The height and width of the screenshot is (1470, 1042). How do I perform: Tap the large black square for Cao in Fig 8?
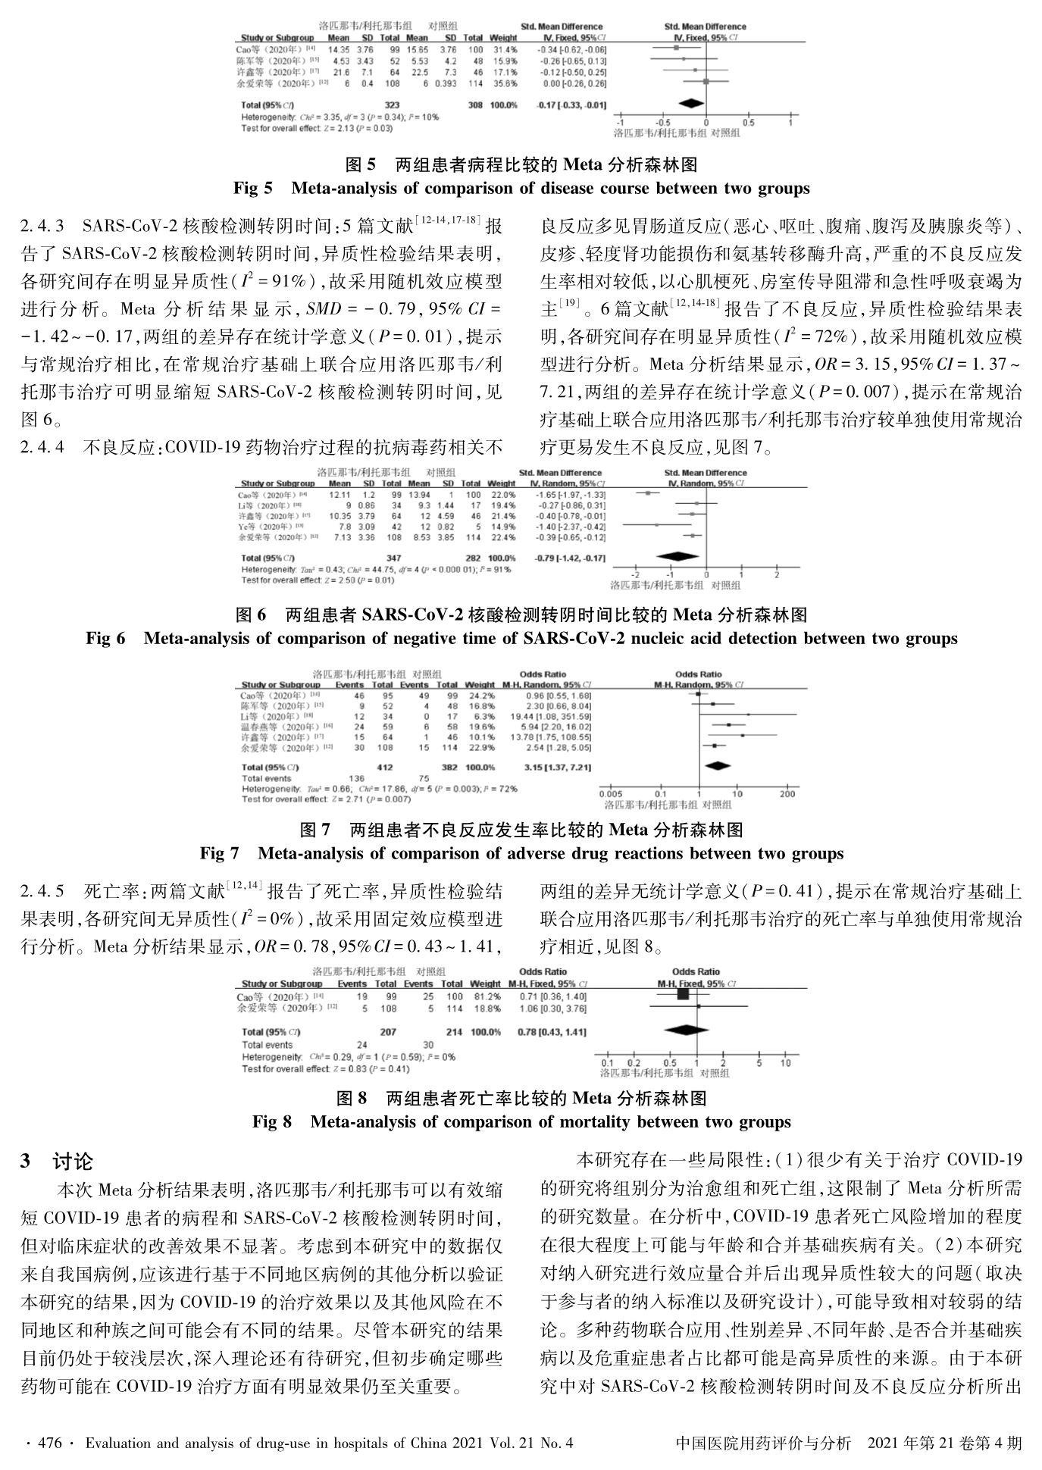click(x=682, y=996)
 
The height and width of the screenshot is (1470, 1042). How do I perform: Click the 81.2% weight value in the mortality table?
click(x=487, y=996)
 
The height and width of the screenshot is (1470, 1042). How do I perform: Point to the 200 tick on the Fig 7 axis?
click(x=788, y=793)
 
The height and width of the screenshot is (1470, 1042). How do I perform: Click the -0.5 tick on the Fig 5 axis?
click(x=662, y=123)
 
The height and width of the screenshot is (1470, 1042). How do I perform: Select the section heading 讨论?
click(x=73, y=1162)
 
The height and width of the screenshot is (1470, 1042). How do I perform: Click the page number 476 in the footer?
click(x=49, y=1443)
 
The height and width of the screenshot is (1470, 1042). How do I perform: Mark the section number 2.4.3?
click(x=42, y=226)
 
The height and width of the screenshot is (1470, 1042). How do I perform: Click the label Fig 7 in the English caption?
click(x=219, y=854)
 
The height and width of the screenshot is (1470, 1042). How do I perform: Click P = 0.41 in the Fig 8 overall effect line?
click(x=387, y=1068)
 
